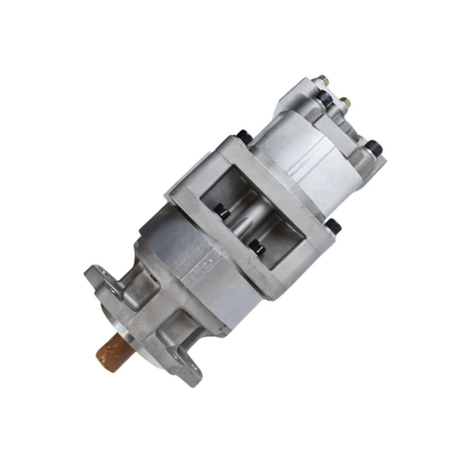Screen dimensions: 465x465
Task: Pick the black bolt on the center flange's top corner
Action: (x=244, y=136)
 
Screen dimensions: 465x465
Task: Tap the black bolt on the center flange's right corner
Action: (x=334, y=227)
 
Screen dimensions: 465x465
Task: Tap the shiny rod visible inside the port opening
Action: (x=242, y=225)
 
